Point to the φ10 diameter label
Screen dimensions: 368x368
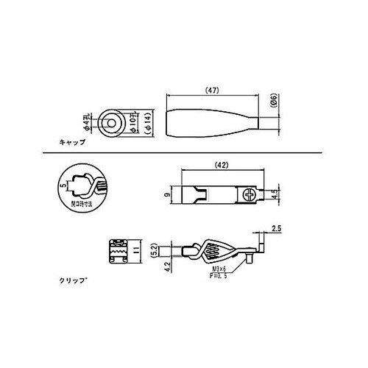coord(135,121)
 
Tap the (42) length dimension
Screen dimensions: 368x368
coord(219,166)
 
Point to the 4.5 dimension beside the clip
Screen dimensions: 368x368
coord(273,195)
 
